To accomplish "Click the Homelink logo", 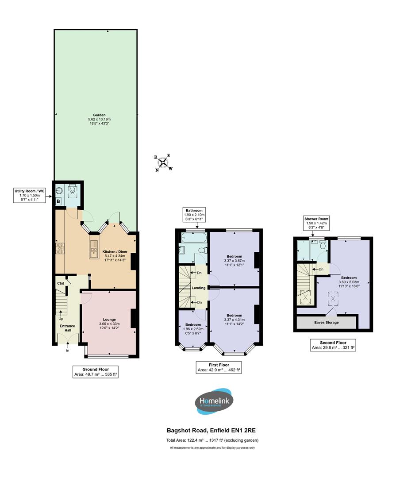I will pos(214,402).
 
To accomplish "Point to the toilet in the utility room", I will pos(73,191).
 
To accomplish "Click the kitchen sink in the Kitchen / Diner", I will pos(93,249).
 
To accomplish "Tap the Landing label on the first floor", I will pos(198,288).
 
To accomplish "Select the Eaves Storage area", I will pos(327,322).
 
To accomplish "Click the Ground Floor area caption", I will pos(96,372).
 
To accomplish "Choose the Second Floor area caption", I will pos(333,345).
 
